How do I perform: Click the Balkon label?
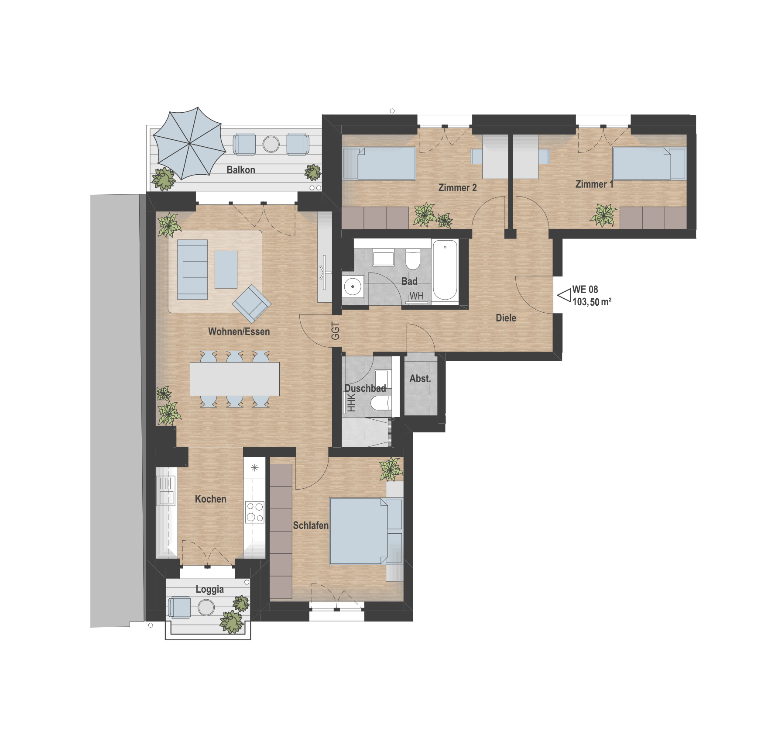tap(241, 170)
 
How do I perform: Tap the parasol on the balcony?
tap(189, 143)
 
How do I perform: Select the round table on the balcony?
tap(271, 144)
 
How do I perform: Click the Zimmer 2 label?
tap(457, 188)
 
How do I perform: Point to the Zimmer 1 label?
tap(594, 184)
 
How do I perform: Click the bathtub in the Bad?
tap(445, 270)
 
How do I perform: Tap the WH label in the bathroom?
tap(416, 296)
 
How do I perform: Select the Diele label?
tap(506, 318)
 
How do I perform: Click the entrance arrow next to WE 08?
tap(564, 296)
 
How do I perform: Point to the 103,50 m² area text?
tap(592, 302)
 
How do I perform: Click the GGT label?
tap(335, 331)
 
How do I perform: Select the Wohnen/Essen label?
tap(239, 332)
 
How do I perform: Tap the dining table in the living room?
tap(235, 379)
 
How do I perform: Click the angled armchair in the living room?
tap(252, 304)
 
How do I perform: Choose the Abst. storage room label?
tap(420, 379)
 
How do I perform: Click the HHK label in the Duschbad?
tap(351, 403)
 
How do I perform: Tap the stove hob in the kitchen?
tap(255, 512)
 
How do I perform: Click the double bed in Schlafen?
tap(366, 531)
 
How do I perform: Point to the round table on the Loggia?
tap(206, 607)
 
